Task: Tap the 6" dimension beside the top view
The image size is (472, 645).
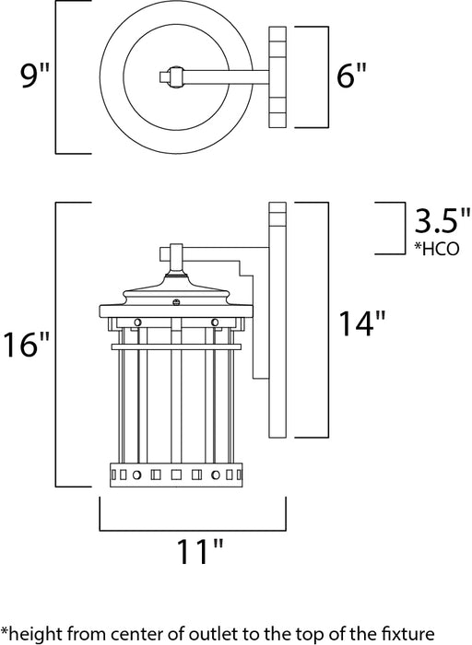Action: (352, 76)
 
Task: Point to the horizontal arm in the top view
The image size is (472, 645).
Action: (221, 76)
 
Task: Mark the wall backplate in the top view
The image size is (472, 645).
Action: (278, 76)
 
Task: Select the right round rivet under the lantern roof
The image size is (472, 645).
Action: (214, 322)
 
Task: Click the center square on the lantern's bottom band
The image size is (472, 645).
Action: (175, 475)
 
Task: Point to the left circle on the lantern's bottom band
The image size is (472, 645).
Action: (134, 475)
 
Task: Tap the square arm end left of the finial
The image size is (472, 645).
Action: (168, 252)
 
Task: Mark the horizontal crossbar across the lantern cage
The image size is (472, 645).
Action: (175, 346)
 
